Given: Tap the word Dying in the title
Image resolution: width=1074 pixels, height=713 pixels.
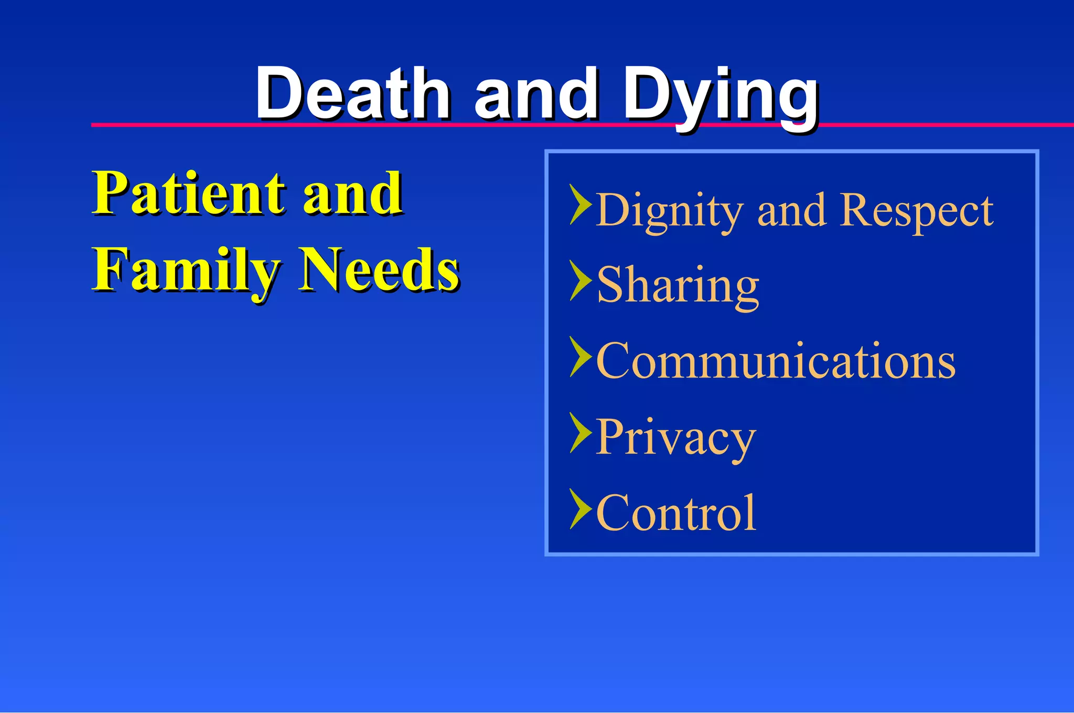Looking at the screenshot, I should coord(721,97).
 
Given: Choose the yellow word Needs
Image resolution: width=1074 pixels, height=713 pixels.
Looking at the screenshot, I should coord(379,269).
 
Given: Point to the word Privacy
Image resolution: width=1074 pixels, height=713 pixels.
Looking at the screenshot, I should coord(675,438).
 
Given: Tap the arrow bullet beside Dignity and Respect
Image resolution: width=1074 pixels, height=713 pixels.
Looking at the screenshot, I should coord(580,204).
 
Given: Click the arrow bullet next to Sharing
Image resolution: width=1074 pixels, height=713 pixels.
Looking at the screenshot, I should coord(580,280).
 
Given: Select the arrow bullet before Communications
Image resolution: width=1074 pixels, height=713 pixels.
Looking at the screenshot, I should coord(580,356).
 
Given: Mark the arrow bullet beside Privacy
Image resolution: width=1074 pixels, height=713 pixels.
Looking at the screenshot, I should coord(580,433).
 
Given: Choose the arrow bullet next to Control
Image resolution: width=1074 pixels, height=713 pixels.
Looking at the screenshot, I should coord(580,509).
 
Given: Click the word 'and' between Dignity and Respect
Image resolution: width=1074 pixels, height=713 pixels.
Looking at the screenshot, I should coord(792,210).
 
